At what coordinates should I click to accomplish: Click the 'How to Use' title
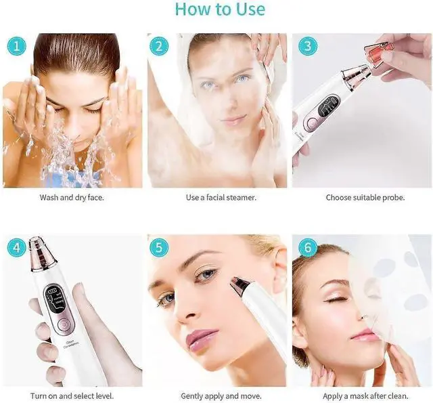(220, 9)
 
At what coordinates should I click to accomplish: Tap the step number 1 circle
(16, 46)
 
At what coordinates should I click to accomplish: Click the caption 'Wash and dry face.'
(72, 198)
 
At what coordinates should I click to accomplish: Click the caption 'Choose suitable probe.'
(365, 198)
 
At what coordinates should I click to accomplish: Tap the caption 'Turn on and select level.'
(71, 396)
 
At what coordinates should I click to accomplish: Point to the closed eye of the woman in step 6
(336, 299)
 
